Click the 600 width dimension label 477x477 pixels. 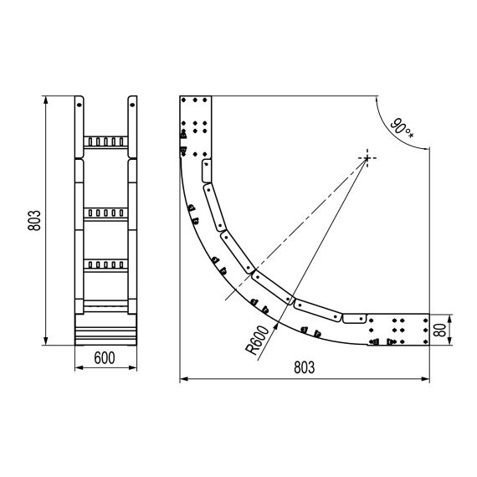(x=105, y=358)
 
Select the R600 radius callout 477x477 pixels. (x=258, y=341)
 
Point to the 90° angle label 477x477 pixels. (x=403, y=129)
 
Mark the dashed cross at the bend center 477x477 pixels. (x=367, y=158)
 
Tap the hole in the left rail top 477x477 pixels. (x=79, y=105)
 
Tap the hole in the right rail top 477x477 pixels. (x=132, y=105)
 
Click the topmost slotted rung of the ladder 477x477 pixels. (x=105, y=142)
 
